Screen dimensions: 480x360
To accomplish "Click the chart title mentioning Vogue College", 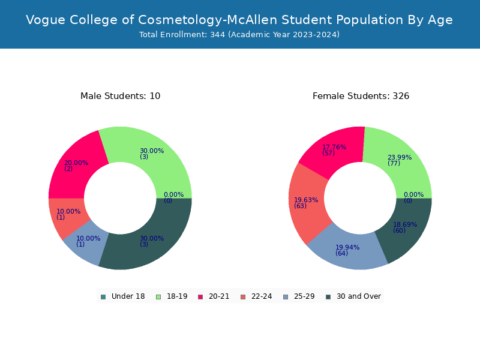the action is (239, 20).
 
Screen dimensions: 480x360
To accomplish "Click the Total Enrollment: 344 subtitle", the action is (239, 35).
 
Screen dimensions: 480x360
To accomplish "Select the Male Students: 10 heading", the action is (121, 96).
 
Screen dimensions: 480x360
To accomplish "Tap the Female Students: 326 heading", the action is (361, 96).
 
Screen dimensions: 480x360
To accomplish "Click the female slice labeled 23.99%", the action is (401, 162).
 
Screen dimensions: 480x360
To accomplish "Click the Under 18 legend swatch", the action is (103, 297).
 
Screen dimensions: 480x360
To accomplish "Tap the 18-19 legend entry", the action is (172, 296).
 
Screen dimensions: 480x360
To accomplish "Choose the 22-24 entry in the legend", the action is (256, 296).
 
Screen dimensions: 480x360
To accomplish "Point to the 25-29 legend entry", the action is (299, 296).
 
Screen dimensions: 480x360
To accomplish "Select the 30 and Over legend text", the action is (359, 296).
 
